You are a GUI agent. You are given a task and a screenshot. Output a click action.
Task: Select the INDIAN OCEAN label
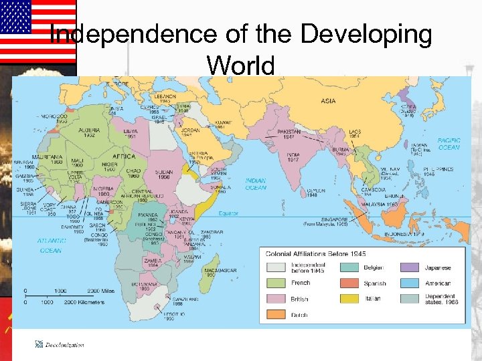click(255, 184)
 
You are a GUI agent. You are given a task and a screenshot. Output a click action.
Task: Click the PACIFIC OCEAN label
click(449, 144)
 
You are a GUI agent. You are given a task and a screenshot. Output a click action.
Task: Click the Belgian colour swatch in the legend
click(349, 267)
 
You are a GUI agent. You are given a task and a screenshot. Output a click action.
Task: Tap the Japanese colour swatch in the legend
click(410, 267)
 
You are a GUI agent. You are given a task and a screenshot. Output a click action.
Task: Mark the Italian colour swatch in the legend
click(349, 299)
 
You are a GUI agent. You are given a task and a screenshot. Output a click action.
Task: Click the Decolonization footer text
click(64, 344)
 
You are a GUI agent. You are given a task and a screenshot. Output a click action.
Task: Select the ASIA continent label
click(327, 101)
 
